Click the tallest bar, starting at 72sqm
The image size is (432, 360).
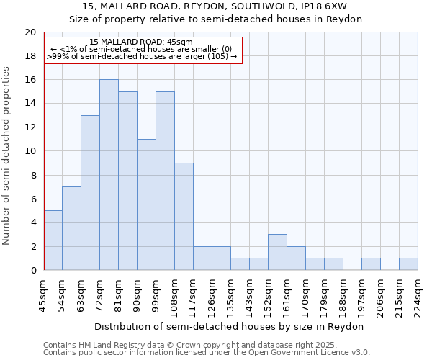pyautogui.click(x=109, y=175)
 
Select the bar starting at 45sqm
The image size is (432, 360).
pyautogui.click(x=53, y=240)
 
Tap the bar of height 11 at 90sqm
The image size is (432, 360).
pyautogui.click(x=146, y=204)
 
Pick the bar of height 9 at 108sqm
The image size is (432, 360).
pyautogui.click(x=184, y=217)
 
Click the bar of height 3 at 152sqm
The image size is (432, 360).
pyautogui.click(x=277, y=252)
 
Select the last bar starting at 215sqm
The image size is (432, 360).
pyautogui.click(x=408, y=264)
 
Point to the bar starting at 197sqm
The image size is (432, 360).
pyautogui.click(x=371, y=264)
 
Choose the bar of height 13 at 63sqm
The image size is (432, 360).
pyautogui.click(x=90, y=193)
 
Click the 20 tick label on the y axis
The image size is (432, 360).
pyautogui.click(x=30, y=32)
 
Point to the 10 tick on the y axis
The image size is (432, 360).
pyautogui.click(x=30, y=151)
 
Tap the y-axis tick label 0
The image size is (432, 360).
pyautogui.click(x=33, y=271)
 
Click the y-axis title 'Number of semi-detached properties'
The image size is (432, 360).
pyautogui.click(x=7, y=155)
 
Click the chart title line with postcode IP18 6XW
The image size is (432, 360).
pyautogui.click(x=215, y=6)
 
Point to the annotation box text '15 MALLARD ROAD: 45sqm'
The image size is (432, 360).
pyautogui.click(x=142, y=42)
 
